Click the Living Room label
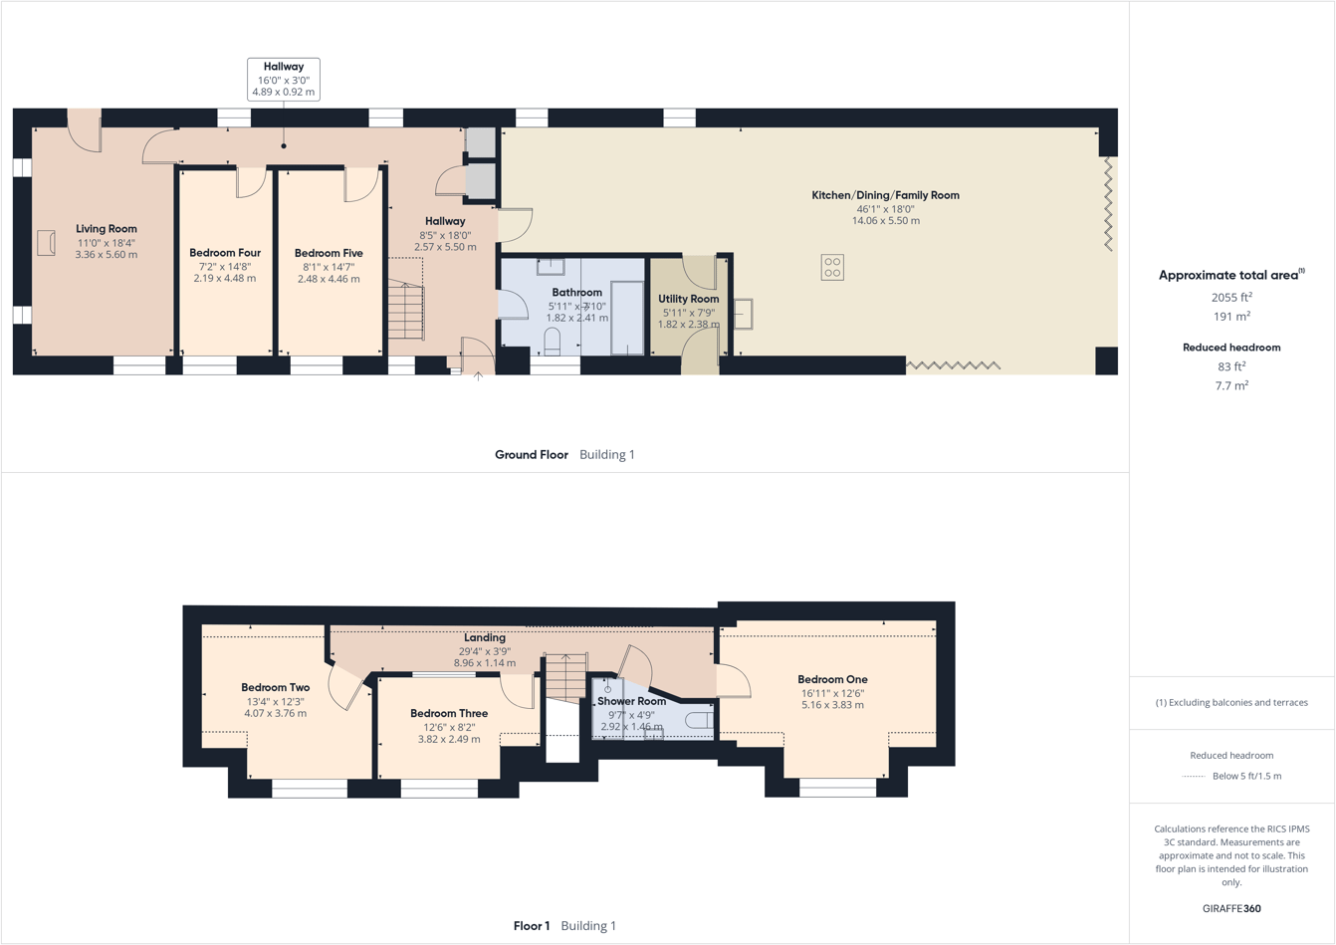(x=107, y=229)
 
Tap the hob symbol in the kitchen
(x=832, y=267)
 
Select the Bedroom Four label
(x=225, y=253)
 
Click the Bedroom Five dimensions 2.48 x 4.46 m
(x=329, y=280)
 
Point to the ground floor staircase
(x=406, y=311)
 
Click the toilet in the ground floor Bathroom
(x=553, y=343)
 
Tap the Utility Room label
(x=688, y=299)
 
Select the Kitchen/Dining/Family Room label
(x=885, y=195)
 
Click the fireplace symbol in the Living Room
(x=46, y=242)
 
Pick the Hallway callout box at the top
(x=284, y=79)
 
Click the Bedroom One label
(x=832, y=679)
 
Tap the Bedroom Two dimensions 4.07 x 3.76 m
(x=275, y=714)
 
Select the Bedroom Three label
(x=449, y=713)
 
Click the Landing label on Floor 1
(x=485, y=637)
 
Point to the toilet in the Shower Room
(x=700, y=720)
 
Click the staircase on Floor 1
(x=565, y=676)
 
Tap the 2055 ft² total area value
(x=1231, y=297)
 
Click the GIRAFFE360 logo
(x=1231, y=908)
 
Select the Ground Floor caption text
(x=532, y=455)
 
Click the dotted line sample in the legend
(x=1194, y=777)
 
